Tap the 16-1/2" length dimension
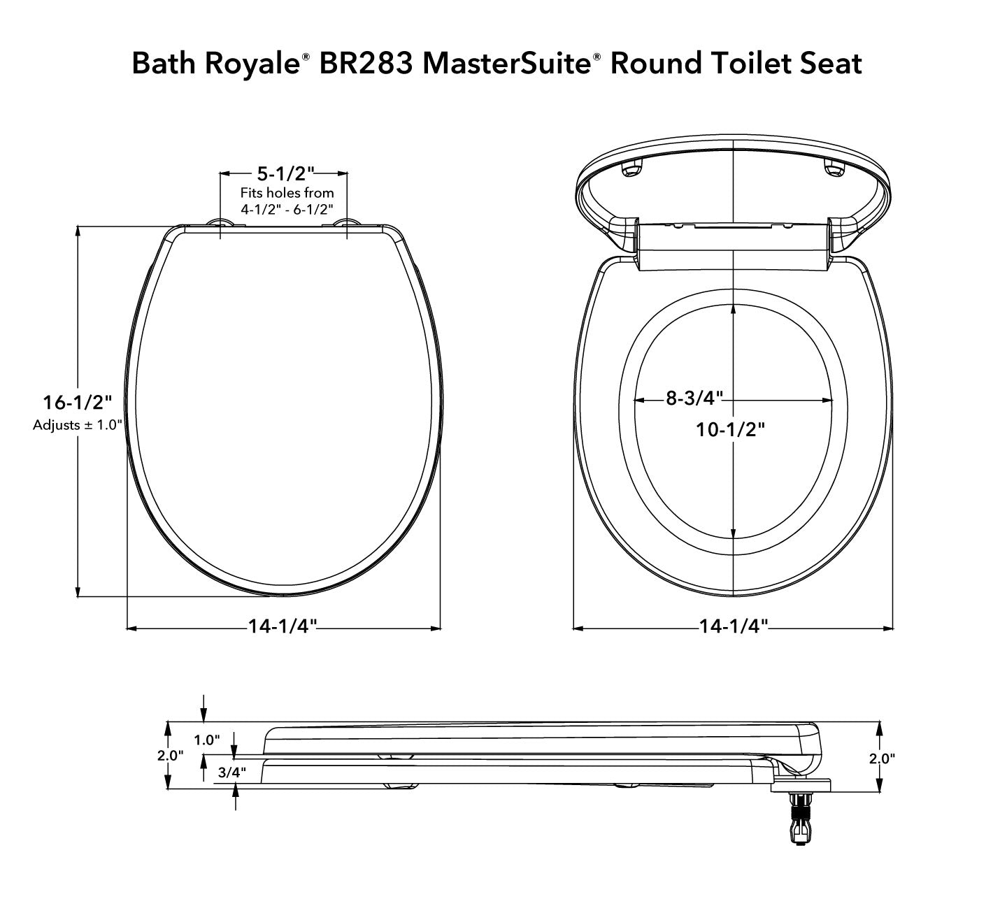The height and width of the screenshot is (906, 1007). (x=77, y=403)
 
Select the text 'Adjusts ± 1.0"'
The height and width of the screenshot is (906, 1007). (x=78, y=424)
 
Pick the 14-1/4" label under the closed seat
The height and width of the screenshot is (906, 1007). (x=283, y=626)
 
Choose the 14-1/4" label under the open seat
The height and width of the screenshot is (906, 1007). (x=734, y=626)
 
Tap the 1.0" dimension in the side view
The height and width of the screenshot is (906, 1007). (x=207, y=740)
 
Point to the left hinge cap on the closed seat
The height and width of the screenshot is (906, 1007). (x=221, y=223)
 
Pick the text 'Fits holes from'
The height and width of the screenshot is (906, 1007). (x=287, y=192)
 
